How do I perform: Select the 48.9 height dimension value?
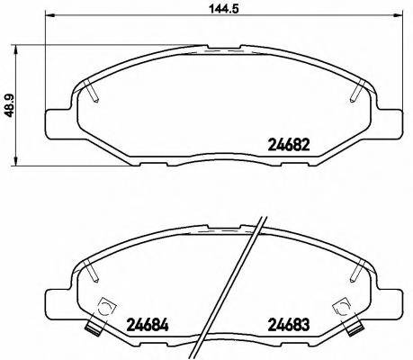pyautogui.click(x=10, y=107)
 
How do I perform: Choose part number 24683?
pyautogui.click(x=290, y=324)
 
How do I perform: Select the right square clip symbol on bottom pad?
pyautogui.click(x=342, y=306)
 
